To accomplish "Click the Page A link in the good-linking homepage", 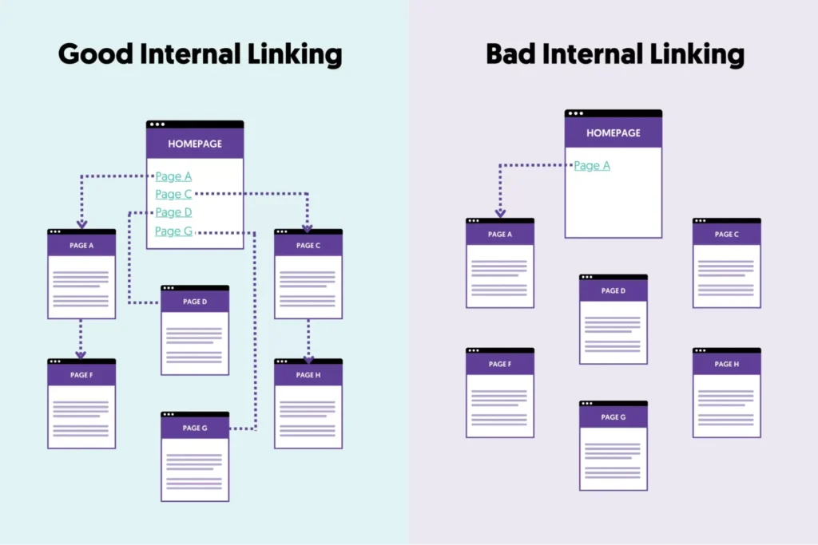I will click(x=173, y=176).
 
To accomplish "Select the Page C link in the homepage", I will click(x=173, y=194).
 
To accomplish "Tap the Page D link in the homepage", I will click(x=173, y=212).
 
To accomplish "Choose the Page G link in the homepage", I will click(x=173, y=231).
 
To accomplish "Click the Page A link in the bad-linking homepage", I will click(x=592, y=166).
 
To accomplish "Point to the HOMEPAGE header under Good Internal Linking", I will click(x=195, y=144).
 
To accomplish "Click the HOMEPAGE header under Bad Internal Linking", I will click(x=613, y=133).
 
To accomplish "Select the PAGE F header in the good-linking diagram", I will click(x=81, y=375).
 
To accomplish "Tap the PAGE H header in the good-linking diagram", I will click(x=308, y=375).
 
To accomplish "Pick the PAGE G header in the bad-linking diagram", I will click(x=613, y=417).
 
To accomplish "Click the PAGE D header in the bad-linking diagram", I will click(x=613, y=290).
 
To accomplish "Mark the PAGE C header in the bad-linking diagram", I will click(x=727, y=235).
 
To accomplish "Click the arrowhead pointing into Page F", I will click(x=81, y=354).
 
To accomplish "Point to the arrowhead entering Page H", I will click(x=308, y=359).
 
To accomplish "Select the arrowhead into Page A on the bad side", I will click(x=500, y=213).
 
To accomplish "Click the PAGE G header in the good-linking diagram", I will click(x=195, y=428).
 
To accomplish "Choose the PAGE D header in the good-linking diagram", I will click(x=195, y=302).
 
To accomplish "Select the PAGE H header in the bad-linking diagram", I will click(x=727, y=364).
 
